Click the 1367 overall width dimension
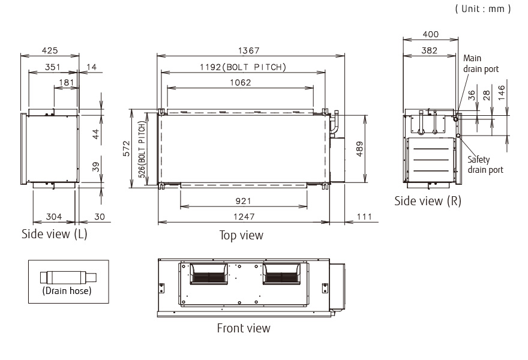(251, 51)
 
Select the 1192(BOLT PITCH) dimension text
(243, 67)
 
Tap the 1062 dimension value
(241, 83)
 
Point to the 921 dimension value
(244, 201)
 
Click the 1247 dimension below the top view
(244, 217)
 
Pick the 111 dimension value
(364, 217)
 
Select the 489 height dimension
(358, 148)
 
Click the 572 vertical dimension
(127, 148)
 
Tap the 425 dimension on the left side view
(50, 51)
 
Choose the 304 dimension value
(53, 217)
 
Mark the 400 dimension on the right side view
(430, 35)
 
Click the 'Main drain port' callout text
(481, 64)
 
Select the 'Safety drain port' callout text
(485, 164)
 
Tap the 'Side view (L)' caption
(54, 234)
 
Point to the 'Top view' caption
(241, 235)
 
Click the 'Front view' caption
(243, 328)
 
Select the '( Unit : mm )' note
(484, 8)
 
